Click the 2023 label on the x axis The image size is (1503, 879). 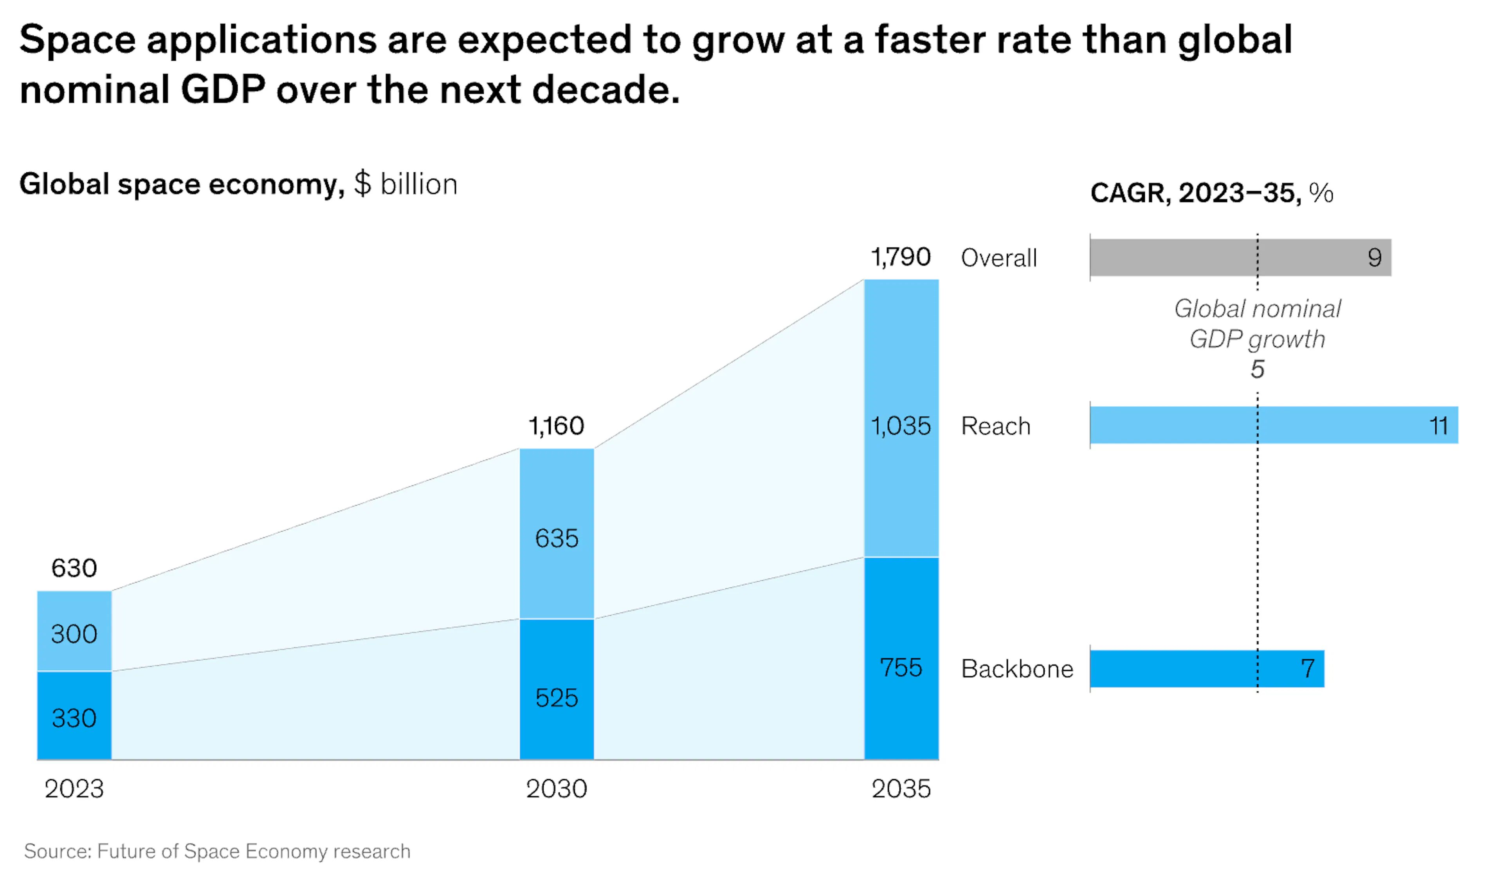tap(74, 789)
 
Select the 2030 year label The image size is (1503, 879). tap(557, 789)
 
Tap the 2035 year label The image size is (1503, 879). tap(901, 789)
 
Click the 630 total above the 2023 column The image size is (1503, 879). tap(74, 568)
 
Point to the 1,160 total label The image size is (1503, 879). tap(557, 426)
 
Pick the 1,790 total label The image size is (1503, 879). tap(901, 257)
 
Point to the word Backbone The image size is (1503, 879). tap(1017, 669)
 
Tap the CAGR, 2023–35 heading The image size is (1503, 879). tap(1211, 193)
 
